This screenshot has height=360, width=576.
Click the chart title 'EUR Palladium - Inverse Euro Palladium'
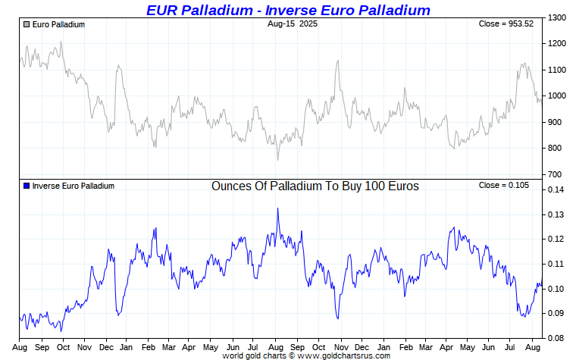point(288,10)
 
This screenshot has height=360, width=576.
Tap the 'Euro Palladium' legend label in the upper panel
point(58,24)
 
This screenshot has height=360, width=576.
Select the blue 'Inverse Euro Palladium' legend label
point(73,186)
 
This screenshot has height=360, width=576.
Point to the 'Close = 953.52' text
point(506,24)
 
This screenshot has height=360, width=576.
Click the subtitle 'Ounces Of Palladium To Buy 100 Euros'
point(315,186)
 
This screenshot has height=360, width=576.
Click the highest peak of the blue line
point(277,208)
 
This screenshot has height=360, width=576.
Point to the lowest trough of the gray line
point(277,159)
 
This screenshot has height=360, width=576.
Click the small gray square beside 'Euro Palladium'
point(27,24)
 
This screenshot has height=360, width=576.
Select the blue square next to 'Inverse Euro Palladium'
point(27,186)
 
